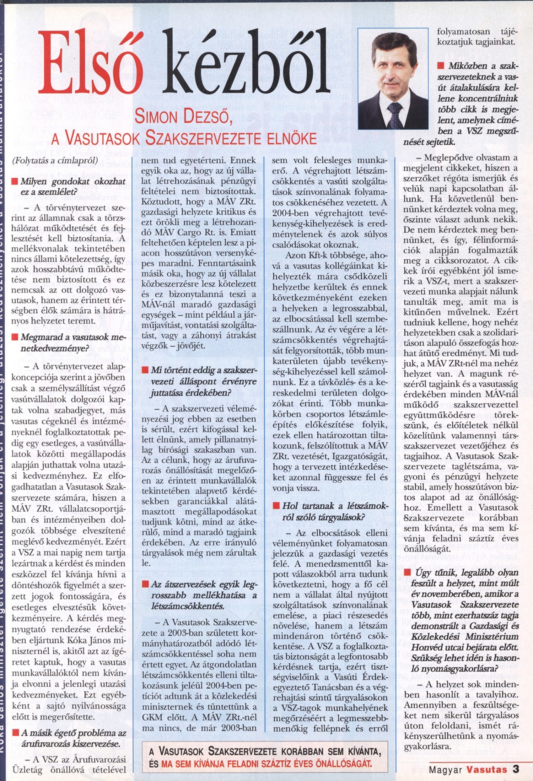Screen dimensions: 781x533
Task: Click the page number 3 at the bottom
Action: point(516,769)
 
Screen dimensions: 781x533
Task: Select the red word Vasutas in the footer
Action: point(486,770)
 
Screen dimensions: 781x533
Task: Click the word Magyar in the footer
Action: point(445,770)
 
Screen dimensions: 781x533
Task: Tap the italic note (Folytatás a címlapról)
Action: point(55,161)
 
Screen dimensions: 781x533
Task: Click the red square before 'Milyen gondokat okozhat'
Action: point(15,182)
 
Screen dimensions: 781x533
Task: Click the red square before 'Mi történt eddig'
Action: point(145,370)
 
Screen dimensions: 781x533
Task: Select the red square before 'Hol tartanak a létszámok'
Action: point(276,506)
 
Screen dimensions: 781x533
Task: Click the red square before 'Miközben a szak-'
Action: point(441,66)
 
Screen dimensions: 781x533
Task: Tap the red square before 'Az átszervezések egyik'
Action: point(145,585)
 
